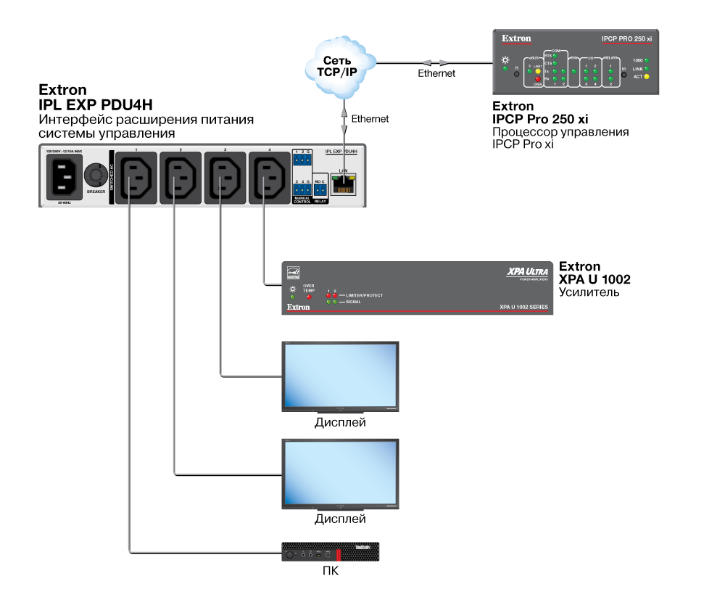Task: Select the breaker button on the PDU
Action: [95, 176]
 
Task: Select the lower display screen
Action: [339, 473]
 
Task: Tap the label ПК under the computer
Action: [331, 572]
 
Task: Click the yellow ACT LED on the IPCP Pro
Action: [647, 76]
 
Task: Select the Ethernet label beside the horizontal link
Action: [436, 74]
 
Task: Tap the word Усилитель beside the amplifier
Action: [589, 292]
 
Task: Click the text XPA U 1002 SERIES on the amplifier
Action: [524, 308]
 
